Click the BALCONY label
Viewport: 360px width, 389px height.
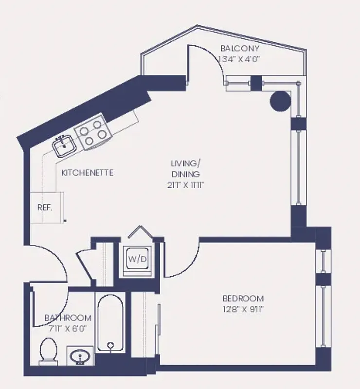(239, 49)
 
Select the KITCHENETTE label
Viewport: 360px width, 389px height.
(88, 173)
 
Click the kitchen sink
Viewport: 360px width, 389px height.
(64, 145)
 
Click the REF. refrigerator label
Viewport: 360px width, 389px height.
(44, 207)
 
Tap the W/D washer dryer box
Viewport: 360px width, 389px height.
(137, 259)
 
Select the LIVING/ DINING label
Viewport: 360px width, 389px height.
(185, 168)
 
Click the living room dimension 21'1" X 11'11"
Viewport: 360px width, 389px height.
(186, 185)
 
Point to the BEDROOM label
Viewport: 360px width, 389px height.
(243, 299)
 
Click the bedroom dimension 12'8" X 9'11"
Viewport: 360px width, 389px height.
(243, 309)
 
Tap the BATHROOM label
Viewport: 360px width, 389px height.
(68, 318)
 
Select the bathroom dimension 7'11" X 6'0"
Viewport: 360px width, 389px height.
(68, 328)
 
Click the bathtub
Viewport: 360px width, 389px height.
(111, 323)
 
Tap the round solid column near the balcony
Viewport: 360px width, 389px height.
(280, 101)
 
